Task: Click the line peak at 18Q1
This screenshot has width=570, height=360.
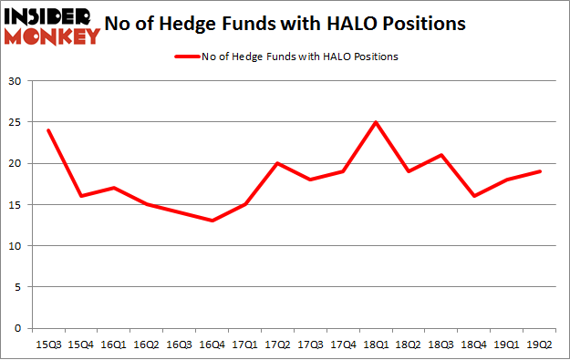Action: (x=376, y=122)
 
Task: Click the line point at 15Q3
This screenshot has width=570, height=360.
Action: (x=47, y=130)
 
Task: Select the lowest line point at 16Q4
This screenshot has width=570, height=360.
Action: (x=212, y=221)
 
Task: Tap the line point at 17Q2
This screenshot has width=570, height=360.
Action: (x=277, y=163)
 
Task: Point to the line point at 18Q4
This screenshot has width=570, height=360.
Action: (x=474, y=196)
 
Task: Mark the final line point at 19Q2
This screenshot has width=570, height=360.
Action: (x=540, y=171)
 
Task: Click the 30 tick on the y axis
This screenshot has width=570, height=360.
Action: (x=16, y=81)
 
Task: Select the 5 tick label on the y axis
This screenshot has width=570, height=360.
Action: (x=18, y=287)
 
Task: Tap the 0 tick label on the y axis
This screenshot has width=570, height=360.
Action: (x=18, y=328)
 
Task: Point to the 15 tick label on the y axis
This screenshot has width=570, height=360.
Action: (x=16, y=205)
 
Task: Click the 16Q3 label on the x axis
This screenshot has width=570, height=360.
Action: (x=179, y=345)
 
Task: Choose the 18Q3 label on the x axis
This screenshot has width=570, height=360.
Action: (x=441, y=345)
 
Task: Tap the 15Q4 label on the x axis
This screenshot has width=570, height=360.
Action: (x=80, y=345)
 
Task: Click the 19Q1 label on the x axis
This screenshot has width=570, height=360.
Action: (x=507, y=345)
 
